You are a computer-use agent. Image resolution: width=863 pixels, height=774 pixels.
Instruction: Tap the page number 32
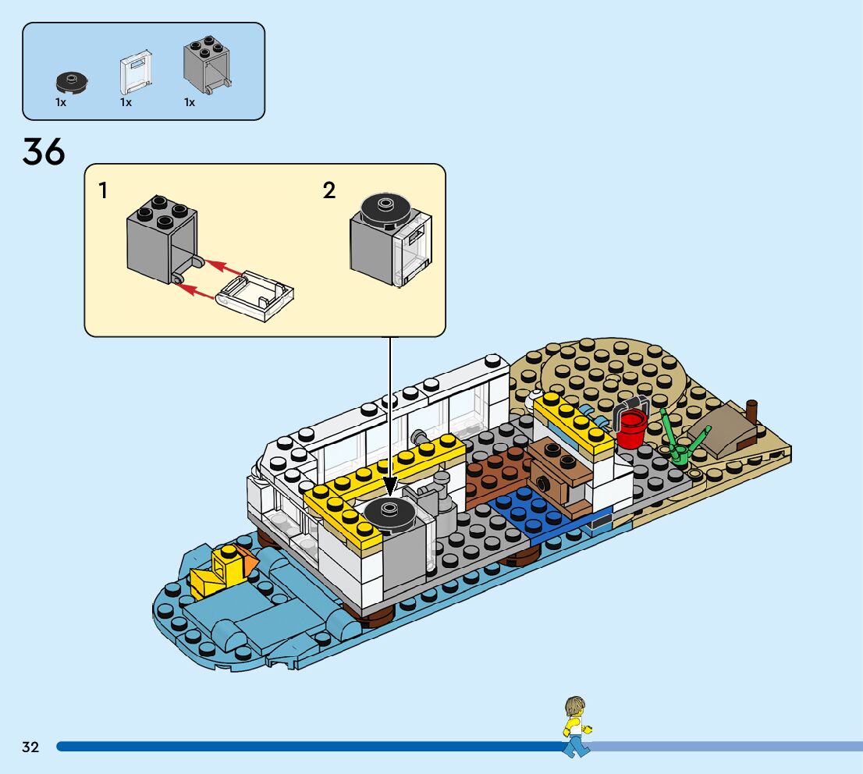pos(30,747)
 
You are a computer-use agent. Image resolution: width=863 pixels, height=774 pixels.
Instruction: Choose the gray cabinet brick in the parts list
pos(206,63)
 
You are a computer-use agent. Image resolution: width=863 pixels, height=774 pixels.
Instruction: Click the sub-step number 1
pos(104,190)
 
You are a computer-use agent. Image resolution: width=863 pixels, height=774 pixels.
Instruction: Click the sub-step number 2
pos(329,190)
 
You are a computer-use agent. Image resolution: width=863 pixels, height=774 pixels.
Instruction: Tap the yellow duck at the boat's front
pos(220,570)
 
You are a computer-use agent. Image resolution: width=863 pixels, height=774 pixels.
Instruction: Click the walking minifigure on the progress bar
pos(576,726)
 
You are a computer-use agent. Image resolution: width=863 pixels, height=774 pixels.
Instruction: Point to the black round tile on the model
pos(389,513)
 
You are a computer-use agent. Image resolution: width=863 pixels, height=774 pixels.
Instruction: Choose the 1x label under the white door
pos(126,102)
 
